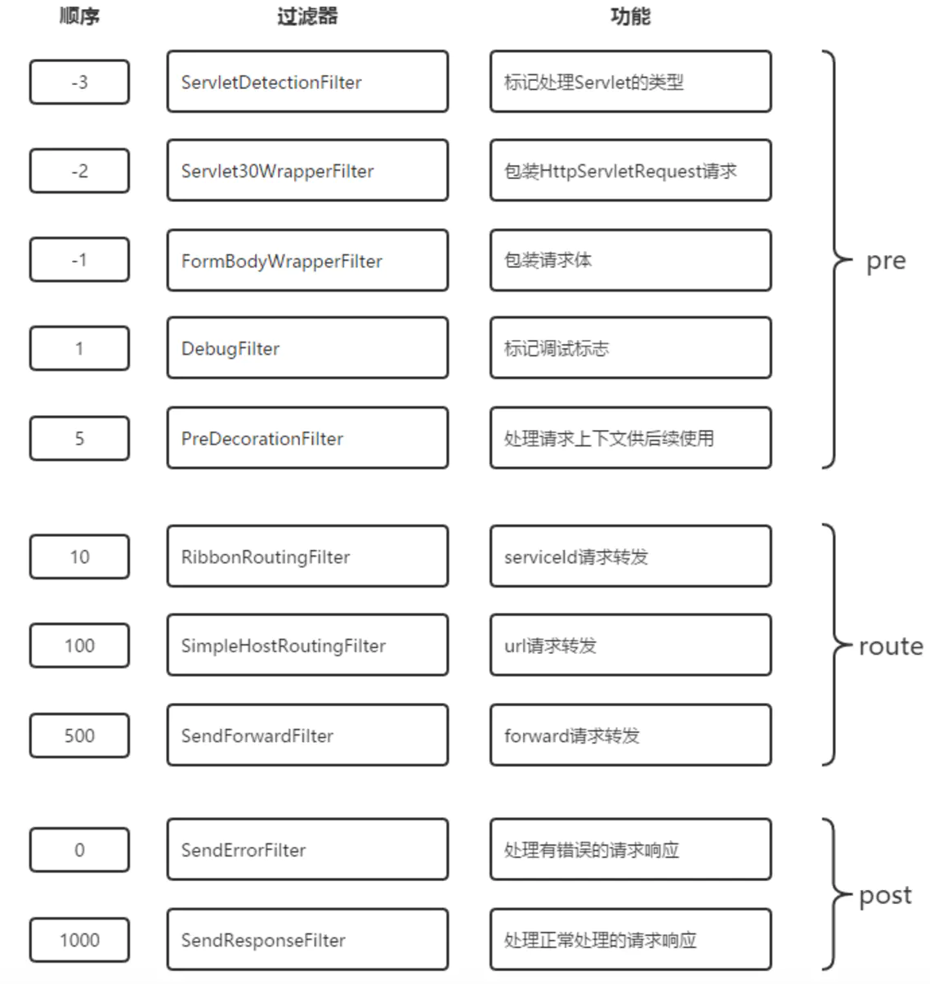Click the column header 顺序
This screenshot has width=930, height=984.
(79, 16)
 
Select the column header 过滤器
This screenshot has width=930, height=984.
(307, 16)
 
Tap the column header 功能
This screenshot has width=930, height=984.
(630, 16)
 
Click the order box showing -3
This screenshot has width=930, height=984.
(79, 82)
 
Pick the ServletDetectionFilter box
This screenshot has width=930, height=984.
(307, 81)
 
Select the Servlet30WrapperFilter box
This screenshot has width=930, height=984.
(307, 170)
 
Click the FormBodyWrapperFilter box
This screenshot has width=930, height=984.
(307, 260)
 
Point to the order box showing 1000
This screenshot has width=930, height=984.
(79, 939)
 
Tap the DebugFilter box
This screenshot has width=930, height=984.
(307, 348)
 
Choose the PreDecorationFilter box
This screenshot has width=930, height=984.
(307, 438)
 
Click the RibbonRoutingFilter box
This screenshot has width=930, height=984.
(307, 556)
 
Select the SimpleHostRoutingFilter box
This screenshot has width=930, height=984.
(307, 645)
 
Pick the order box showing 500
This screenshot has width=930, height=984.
(79, 736)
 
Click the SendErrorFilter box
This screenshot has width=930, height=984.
(307, 849)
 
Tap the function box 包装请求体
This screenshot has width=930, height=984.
(630, 260)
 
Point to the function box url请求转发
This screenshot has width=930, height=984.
(630, 645)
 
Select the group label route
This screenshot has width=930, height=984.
(891, 646)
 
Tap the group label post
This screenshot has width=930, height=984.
(885, 896)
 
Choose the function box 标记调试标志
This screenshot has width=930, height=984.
(630, 348)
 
